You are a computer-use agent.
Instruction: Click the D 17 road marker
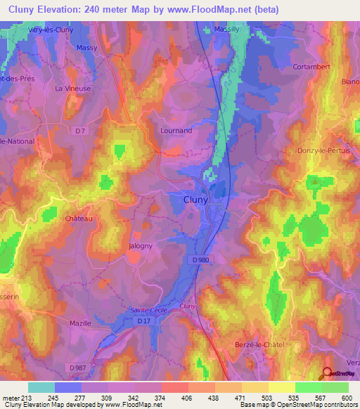pos(143,321)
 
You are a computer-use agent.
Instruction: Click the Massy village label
pos(86,47)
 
